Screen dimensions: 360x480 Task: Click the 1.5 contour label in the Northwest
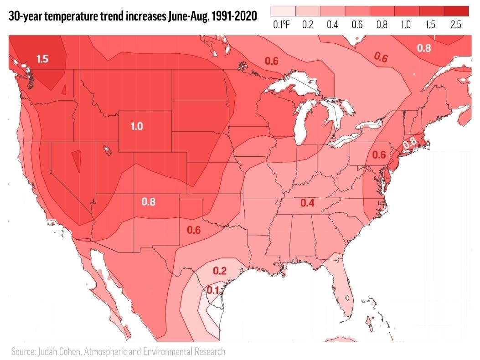pos(42,59)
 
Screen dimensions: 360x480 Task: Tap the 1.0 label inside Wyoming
pos(137,127)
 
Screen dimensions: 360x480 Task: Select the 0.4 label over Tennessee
pos(307,203)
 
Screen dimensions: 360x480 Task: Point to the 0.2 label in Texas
pos(220,271)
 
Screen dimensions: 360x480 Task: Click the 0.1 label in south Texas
pos(213,290)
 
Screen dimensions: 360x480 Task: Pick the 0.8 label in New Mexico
pos(149,201)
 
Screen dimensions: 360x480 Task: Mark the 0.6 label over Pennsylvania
pos(379,155)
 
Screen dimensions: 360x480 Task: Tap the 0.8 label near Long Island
pos(410,143)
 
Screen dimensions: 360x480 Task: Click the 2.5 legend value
pos(456,25)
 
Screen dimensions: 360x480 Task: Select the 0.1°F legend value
pos(281,25)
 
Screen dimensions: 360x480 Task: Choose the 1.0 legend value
pos(405,25)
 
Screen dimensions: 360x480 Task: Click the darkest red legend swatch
pos(456,11)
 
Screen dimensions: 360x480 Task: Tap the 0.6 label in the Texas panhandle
pos(194,230)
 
